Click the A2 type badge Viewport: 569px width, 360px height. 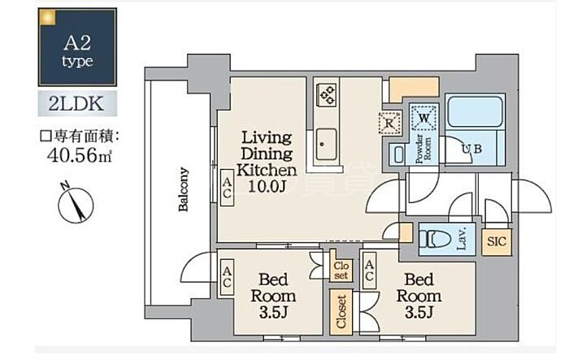77,47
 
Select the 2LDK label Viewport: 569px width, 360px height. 77,104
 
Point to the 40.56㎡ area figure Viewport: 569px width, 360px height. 79,155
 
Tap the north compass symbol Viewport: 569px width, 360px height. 76,203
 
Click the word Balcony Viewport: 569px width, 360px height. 183,189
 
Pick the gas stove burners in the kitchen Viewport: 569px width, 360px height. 327,94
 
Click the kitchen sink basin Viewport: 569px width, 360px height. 326,144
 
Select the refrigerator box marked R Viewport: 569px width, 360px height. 389,123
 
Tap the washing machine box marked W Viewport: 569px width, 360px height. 423,118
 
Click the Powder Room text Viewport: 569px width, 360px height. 423,149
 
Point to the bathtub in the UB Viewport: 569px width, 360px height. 475,111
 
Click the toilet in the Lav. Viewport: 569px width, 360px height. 435,240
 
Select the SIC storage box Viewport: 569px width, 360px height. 497,241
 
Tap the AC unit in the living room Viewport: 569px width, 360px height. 227,188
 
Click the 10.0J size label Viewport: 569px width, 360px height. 267,186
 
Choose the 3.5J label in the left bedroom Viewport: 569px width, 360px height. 273,312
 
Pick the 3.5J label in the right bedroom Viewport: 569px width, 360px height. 419,312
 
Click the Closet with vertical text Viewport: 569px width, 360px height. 341,312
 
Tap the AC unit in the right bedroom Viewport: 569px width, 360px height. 369,271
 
